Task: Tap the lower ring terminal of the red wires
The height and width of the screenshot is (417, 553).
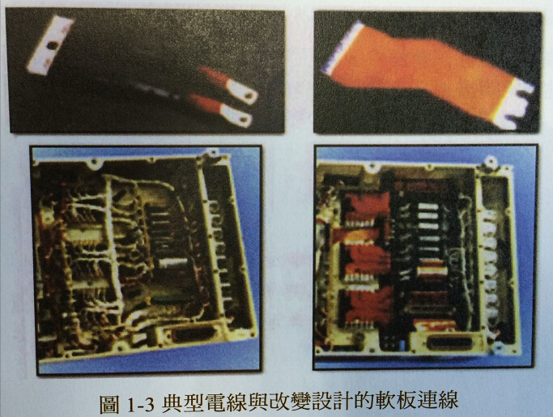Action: click(240, 118)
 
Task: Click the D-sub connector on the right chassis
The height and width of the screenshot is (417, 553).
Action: click(453, 342)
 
